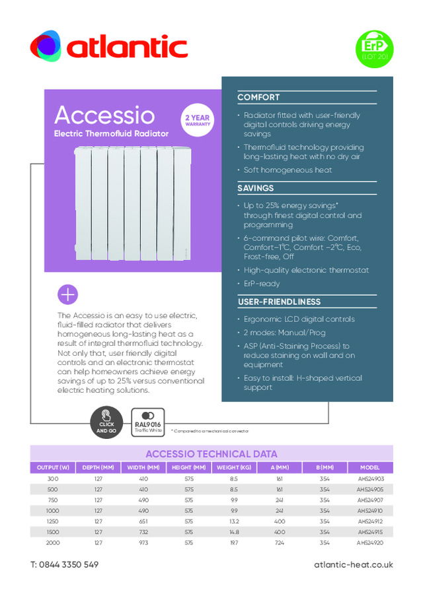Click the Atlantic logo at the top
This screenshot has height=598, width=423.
109,47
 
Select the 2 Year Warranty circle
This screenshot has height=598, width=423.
197,121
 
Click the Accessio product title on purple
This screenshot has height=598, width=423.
104,116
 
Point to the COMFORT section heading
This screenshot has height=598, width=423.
258,98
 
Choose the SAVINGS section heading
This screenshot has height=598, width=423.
255,189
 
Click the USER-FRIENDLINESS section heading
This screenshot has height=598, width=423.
279,302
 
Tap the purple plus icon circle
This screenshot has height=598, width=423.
68,294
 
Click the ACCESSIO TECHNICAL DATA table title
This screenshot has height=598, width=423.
211,454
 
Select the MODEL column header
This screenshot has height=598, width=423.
370,468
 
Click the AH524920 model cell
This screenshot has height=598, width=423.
370,543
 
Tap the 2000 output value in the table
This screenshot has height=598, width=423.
53,543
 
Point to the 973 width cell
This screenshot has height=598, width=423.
143,543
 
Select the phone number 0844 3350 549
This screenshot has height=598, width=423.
64,565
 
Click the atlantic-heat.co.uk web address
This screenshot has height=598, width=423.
354,565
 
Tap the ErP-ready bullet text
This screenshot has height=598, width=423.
262,284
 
